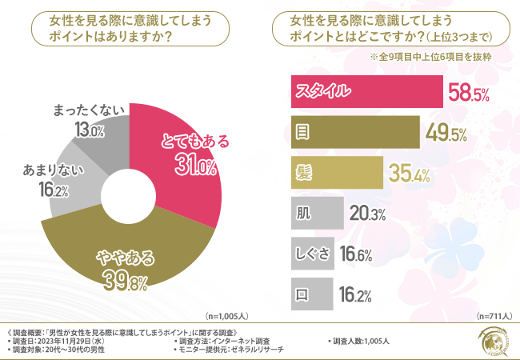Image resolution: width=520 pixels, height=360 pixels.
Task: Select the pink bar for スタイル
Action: tap(365, 91)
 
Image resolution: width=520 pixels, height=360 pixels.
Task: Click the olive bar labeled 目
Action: tap(353, 131)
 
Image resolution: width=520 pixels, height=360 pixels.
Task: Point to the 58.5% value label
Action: tap(469, 94)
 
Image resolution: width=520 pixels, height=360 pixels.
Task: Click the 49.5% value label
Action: tap(446, 134)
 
